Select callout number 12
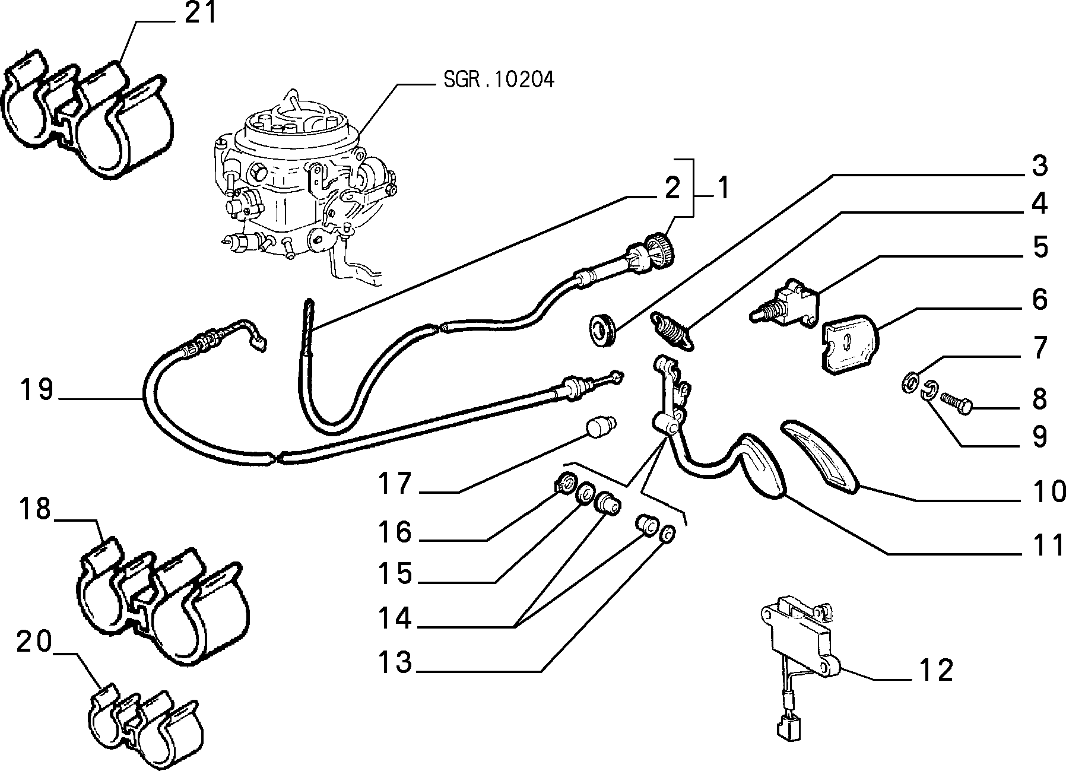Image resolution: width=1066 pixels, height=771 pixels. (937, 670)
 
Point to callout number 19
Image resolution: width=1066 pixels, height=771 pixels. (37, 391)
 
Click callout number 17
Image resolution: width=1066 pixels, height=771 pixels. (395, 484)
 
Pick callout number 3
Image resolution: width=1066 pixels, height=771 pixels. (1039, 167)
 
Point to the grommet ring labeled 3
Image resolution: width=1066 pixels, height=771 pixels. (604, 328)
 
